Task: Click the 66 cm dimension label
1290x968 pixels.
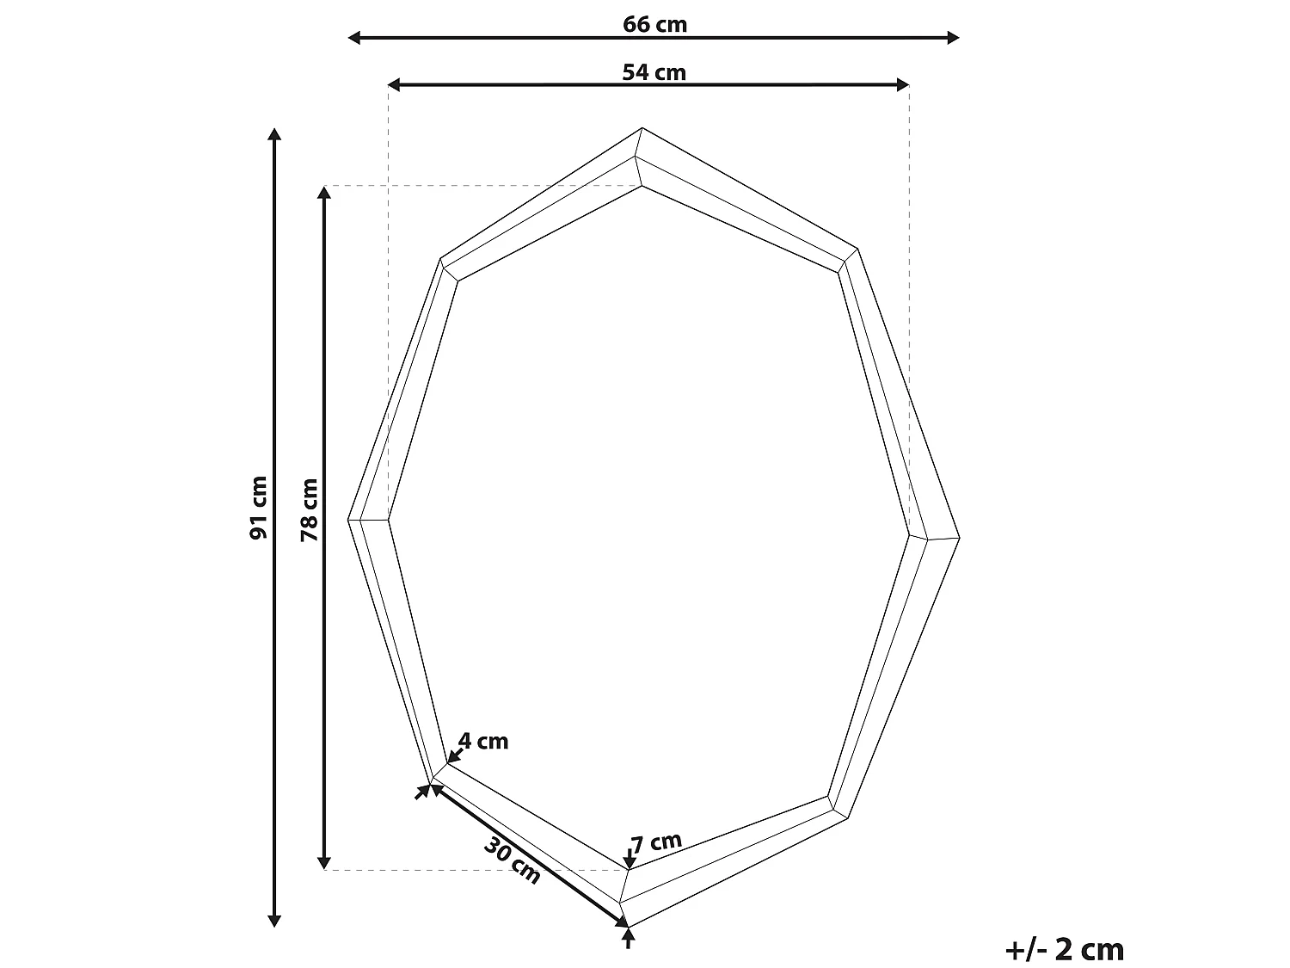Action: (654, 24)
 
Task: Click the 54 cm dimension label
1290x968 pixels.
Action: (654, 72)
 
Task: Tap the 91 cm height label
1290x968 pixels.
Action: (259, 508)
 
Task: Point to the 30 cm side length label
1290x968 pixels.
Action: (513, 860)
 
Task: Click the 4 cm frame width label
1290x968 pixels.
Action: (483, 741)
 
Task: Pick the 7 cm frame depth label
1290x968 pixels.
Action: (656, 842)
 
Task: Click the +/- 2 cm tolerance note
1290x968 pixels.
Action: (1064, 950)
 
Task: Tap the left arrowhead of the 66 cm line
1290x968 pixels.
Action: (353, 37)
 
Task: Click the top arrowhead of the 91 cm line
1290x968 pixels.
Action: (274, 133)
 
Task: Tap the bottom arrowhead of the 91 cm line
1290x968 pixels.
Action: (274, 922)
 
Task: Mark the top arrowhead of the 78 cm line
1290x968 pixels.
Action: (324, 192)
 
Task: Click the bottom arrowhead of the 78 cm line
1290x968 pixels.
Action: (324, 863)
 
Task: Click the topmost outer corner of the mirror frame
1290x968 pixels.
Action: (642, 128)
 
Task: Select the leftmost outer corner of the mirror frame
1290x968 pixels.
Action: (349, 520)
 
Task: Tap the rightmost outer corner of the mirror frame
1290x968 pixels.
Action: (959, 539)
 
